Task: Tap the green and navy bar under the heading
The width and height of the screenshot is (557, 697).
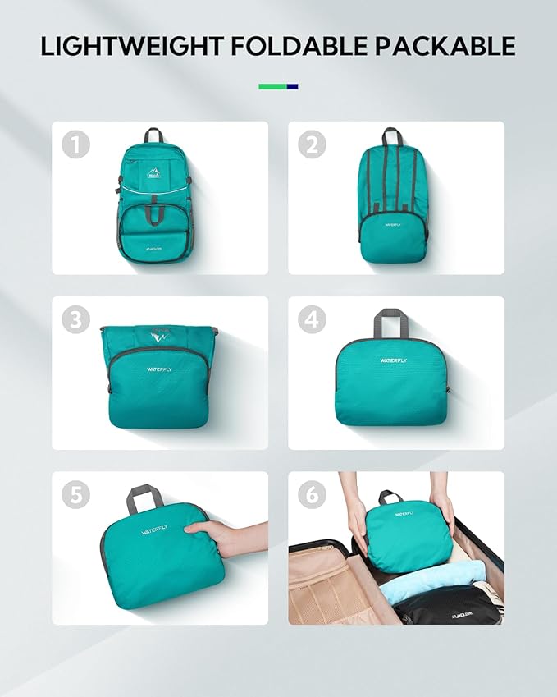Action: pyautogui.click(x=278, y=86)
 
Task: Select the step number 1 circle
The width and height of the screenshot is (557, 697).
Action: pyautogui.click(x=75, y=145)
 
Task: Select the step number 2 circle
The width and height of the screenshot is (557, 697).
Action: pyautogui.click(x=312, y=145)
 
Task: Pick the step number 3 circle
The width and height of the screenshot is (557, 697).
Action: pyautogui.click(x=75, y=320)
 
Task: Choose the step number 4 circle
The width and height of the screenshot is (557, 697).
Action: pyautogui.click(x=312, y=320)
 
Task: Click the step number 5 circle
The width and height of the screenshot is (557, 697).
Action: pyautogui.click(x=75, y=495)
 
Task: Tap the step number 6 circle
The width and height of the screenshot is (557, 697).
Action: pyautogui.click(x=312, y=495)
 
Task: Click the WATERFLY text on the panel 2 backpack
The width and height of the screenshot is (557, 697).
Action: pyautogui.click(x=390, y=223)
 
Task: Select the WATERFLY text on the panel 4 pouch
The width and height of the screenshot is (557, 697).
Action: pyautogui.click(x=392, y=360)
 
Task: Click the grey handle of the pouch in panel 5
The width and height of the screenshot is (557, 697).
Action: pyautogui.click(x=144, y=496)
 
